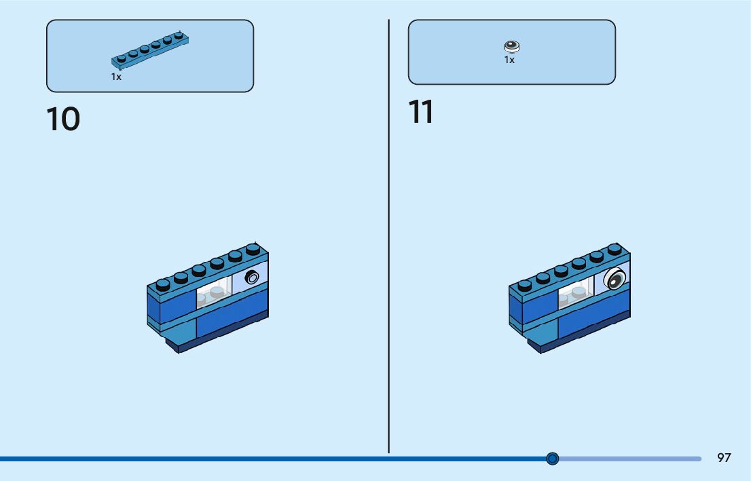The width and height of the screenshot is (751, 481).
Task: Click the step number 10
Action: point(63,119)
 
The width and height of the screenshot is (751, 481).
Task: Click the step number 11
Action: point(421,111)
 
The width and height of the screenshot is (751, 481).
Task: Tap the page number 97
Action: point(724,457)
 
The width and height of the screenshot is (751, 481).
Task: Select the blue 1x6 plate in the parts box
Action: point(150,51)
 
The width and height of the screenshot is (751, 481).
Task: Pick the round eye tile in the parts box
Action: point(512,46)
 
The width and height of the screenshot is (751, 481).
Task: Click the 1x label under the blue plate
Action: point(116,77)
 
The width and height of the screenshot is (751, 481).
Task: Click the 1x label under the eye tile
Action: point(509,60)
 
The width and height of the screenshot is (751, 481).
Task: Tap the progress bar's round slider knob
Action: point(552,459)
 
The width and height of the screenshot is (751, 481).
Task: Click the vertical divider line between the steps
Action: point(388,236)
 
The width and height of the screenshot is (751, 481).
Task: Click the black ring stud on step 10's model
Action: point(251,277)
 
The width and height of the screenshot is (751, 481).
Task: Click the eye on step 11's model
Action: point(615,279)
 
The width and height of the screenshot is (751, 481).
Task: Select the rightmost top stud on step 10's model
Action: point(253,249)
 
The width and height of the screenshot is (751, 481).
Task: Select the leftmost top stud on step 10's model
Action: point(163,285)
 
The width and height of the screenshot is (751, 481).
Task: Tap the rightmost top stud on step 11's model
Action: point(615,249)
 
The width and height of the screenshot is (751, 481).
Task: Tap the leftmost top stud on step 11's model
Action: point(525,285)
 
